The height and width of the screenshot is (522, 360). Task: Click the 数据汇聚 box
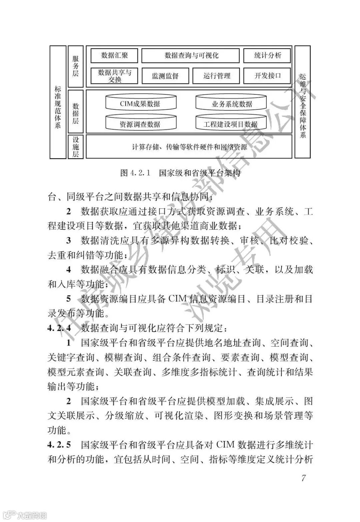pos(114,55)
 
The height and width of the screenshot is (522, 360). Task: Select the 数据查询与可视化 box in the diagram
pos(190,55)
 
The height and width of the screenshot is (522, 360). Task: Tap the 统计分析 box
pos(267,55)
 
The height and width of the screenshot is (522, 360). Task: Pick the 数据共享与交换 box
pos(114,76)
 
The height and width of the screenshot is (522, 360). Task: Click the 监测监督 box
pos(165,76)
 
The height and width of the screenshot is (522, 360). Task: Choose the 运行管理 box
pos(216,76)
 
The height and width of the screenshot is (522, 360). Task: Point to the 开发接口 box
pos(267,76)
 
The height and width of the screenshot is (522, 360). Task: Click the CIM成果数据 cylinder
pos(140,103)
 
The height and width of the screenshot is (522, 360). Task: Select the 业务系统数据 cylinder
pos(231,103)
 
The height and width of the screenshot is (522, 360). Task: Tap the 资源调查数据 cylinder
pos(140,124)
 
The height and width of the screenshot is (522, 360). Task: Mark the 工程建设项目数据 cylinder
pos(231,124)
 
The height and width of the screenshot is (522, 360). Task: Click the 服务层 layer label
pos(76,66)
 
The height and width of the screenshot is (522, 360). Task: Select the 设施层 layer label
pos(76,146)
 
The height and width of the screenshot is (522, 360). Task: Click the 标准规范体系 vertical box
pos(58,102)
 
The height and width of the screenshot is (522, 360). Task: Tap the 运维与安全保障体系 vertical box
pos(303,102)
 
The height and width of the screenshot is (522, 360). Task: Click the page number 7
pos(303,478)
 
